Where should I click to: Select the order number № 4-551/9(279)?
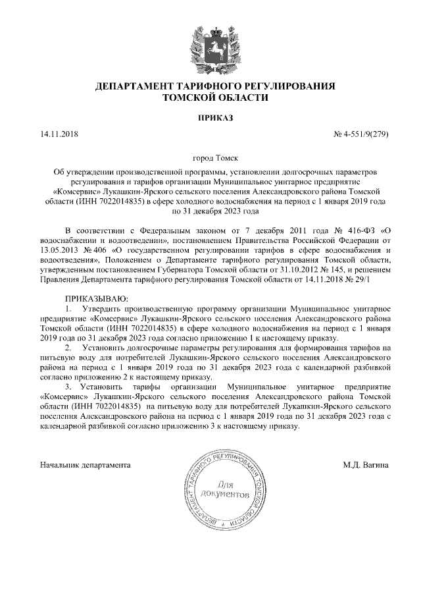(362, 135)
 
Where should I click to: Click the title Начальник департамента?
(85, 465)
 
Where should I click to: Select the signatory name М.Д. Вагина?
(366, 465)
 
